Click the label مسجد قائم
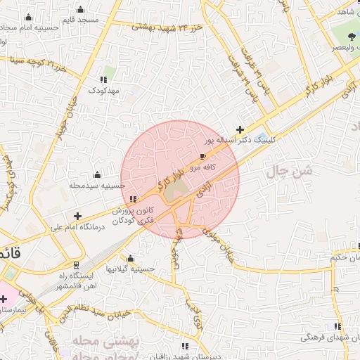[79, 20]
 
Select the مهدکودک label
[104, 90]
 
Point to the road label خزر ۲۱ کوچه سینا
[39, 67]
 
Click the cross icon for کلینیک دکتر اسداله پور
[240, 129]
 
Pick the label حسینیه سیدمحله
[96, 185]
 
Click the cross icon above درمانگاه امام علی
[78, 216]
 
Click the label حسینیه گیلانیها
[129, 269]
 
